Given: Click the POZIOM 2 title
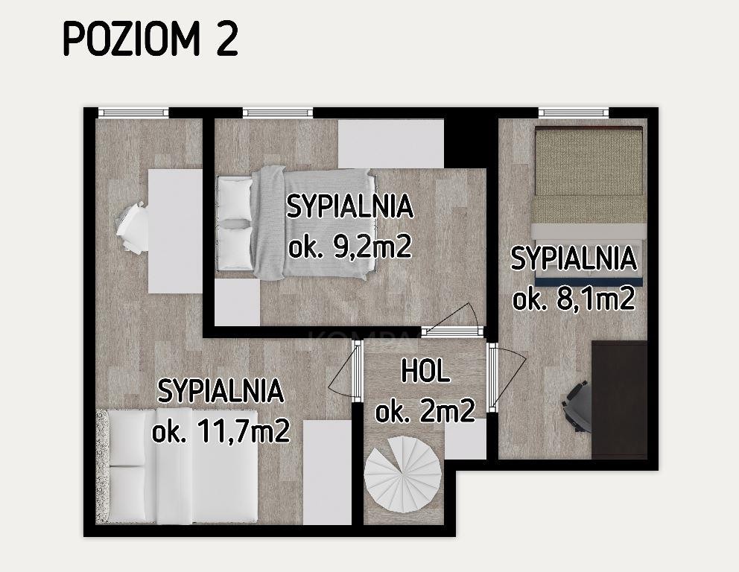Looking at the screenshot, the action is point(150,39).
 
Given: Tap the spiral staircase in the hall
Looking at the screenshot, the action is point(403,474).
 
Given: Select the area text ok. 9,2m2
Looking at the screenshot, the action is point(350,246).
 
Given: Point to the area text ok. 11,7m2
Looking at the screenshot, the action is point(221,430).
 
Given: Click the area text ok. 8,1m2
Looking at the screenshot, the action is point(574,298).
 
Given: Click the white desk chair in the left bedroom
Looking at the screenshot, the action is point(132,228).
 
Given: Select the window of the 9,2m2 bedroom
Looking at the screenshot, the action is point(278,112).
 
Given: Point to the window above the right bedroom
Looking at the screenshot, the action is point(574,112).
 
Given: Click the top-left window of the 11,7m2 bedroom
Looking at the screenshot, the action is point(133,112).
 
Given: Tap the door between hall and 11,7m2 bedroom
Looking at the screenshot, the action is point(346,372).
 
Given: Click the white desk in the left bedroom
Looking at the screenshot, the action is point(175,232).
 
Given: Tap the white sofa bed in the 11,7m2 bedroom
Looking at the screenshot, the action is point(177,466).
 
